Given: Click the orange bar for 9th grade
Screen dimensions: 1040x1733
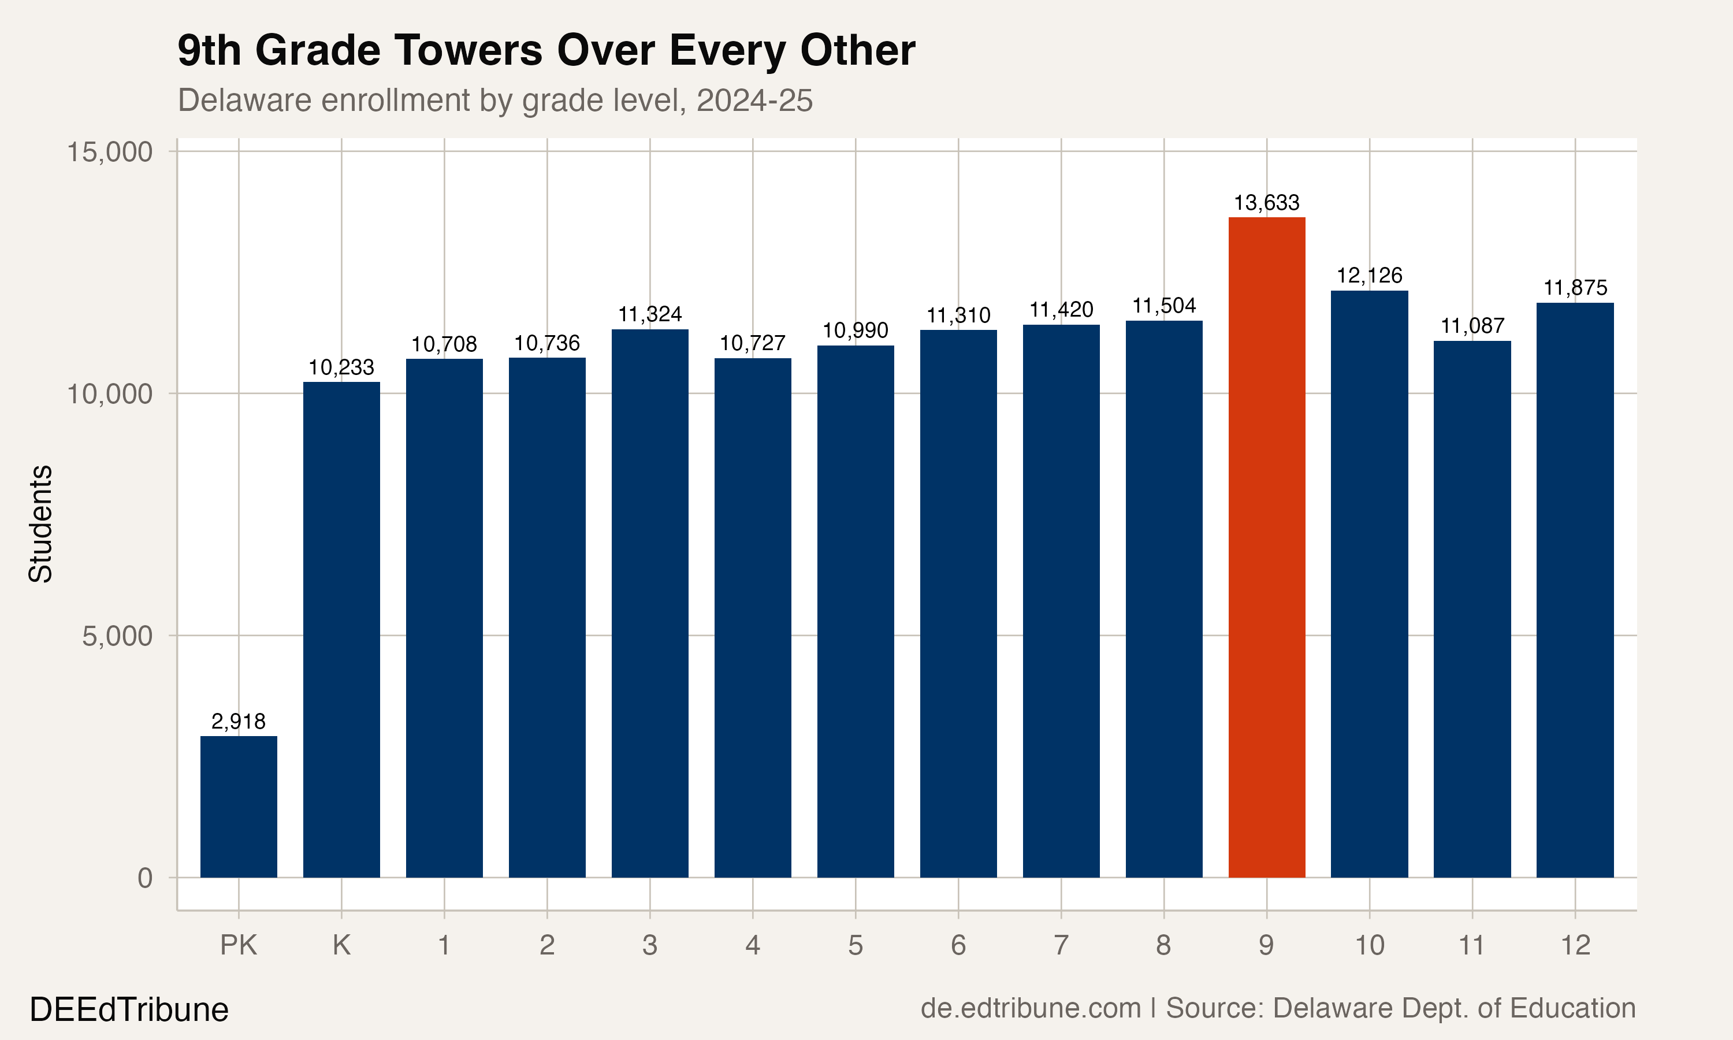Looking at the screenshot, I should pos(1266,547).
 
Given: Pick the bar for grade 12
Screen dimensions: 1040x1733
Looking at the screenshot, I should pos(1575,589).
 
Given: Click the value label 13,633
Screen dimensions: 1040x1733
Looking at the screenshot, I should pos(1266,203).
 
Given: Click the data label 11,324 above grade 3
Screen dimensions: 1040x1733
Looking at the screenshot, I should pos(649,314).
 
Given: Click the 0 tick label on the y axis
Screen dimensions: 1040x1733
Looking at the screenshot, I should pos(144,878).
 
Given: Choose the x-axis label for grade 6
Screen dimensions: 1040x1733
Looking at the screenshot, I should pos(958,945).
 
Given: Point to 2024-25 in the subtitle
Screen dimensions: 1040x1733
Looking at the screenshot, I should pos(754,100).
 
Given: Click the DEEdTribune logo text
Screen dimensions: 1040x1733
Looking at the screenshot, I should pos(129,1010).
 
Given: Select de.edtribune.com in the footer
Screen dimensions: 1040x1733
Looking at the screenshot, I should pos(1031,1008).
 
